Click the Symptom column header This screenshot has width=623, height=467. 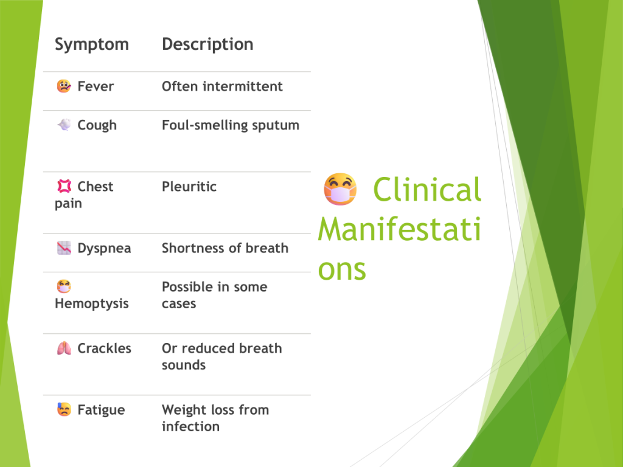92,44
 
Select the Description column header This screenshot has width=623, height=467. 207,44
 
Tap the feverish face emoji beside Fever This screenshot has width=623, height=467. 64,86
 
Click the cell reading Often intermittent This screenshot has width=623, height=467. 222,86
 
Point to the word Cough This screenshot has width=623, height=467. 97,125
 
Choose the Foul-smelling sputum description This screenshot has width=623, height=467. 231,125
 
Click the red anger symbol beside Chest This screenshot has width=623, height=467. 64,186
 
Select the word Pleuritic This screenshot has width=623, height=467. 189,186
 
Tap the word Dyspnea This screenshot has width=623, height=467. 104,249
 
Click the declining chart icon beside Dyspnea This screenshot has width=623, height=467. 64,248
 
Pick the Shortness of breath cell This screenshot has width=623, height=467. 225,248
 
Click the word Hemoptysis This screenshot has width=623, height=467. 92,304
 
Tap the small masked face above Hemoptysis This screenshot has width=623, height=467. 64,286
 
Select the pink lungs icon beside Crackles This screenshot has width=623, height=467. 64,348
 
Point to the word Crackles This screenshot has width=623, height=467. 104,348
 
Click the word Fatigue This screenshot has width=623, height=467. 101,410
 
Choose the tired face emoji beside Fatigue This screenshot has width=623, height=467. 64,409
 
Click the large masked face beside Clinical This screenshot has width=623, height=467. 340,190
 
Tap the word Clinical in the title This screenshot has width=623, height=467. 427,190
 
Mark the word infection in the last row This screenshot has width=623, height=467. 190,426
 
